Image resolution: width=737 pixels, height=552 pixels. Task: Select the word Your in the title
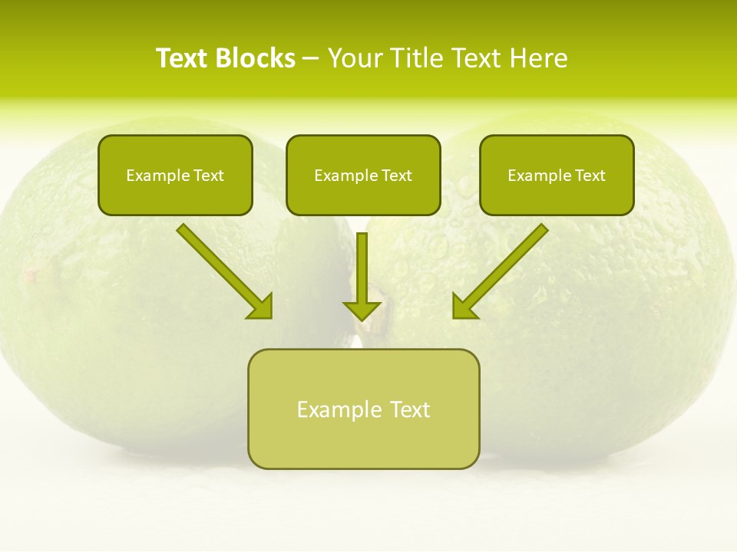coord(355,58)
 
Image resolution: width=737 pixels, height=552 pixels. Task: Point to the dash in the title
coord(311,59)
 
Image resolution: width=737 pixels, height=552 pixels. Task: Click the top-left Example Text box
coord(175,175)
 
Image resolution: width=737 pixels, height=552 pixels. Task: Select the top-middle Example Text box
coord(363,175)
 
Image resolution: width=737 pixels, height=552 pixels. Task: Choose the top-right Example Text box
coord(557,175)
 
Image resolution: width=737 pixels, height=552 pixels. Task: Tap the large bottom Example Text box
coord(363,409)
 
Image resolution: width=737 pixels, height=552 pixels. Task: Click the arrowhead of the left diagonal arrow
coord(261,306)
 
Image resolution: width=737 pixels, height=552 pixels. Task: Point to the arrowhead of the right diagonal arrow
coord(464,306)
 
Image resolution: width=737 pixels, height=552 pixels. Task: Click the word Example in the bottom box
coord(334,409)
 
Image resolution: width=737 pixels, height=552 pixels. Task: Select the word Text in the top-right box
coord(590,176)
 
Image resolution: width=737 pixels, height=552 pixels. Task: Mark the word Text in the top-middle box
coord(397,176)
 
